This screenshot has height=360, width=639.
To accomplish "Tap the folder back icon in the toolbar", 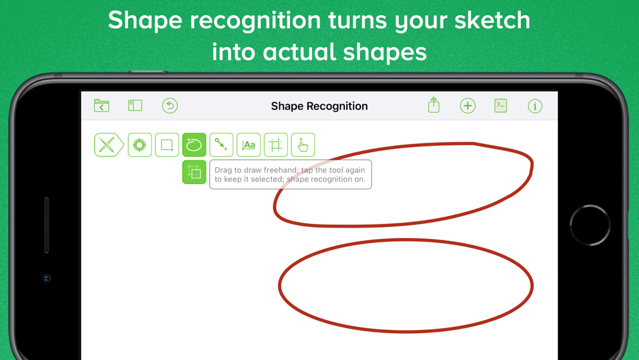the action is [102, 106].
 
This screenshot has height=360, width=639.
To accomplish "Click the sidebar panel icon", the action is [135, 106].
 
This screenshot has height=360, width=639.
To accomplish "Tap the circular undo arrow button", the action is [169, 106].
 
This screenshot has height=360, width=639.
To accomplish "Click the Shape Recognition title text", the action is [319, 106].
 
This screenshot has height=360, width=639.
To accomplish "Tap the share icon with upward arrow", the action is [434, 105].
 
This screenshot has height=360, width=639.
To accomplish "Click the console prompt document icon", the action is [501, 106].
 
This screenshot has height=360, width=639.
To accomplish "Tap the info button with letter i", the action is [535, 106].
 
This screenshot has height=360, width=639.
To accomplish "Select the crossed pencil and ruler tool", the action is [109, 145].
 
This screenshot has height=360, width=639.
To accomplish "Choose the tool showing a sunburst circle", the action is [140, 145].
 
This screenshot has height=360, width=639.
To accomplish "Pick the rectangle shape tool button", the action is [167, 145].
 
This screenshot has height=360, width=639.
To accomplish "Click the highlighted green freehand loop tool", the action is [194, 145].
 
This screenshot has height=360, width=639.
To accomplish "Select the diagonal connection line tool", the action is [221, 145].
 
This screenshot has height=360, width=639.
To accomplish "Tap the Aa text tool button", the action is [249, 145].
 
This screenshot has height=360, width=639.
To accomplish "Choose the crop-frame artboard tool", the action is [276, 145].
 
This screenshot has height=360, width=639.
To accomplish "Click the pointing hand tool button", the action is [303, 145].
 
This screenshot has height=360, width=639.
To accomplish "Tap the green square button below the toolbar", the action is [194, 172].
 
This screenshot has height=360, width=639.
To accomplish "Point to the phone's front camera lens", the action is [47, 278].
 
